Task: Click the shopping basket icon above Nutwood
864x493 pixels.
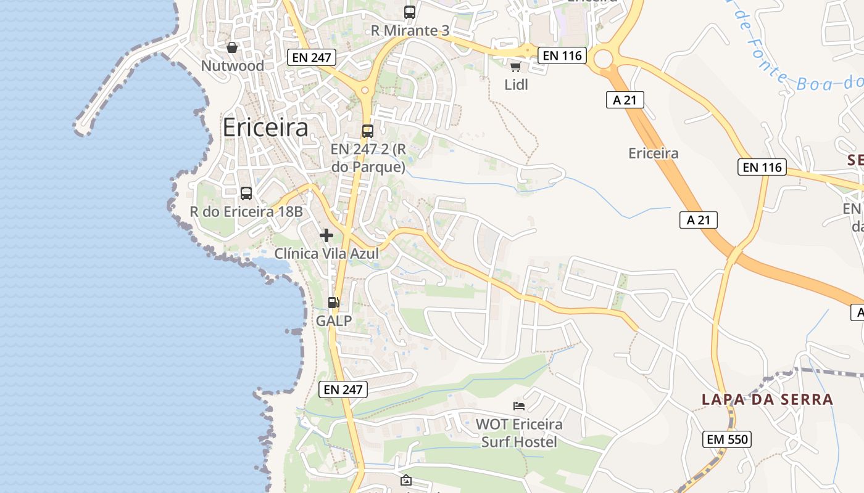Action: click(232, 47)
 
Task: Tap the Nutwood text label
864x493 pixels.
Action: click(233, 65)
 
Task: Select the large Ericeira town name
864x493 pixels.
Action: click(265, 128)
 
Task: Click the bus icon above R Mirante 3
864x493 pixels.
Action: click(410, 12)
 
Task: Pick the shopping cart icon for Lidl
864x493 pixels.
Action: click(515, 67)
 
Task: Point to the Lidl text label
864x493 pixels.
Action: click(517, 84)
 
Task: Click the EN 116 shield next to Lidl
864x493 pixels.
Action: click(562, 55)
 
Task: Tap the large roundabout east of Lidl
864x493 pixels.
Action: click(604, 59)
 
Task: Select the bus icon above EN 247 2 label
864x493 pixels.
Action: click(368, 131)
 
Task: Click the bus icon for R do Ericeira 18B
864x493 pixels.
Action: click(246, 194)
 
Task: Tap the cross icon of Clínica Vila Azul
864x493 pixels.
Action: click(326, 235)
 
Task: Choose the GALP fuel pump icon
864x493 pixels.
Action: click(333, 302)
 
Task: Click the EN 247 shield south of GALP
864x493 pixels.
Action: click(344, 389)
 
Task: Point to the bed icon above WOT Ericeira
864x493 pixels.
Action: click(519, 405)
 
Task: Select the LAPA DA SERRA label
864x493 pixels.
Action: click(767, 399)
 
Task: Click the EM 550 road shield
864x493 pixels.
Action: click(727, 439)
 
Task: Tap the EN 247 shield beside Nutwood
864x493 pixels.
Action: click(312, 58)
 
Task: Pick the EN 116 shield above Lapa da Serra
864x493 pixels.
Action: click(762, 167)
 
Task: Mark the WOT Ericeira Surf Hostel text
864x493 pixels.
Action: click(519, 433)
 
